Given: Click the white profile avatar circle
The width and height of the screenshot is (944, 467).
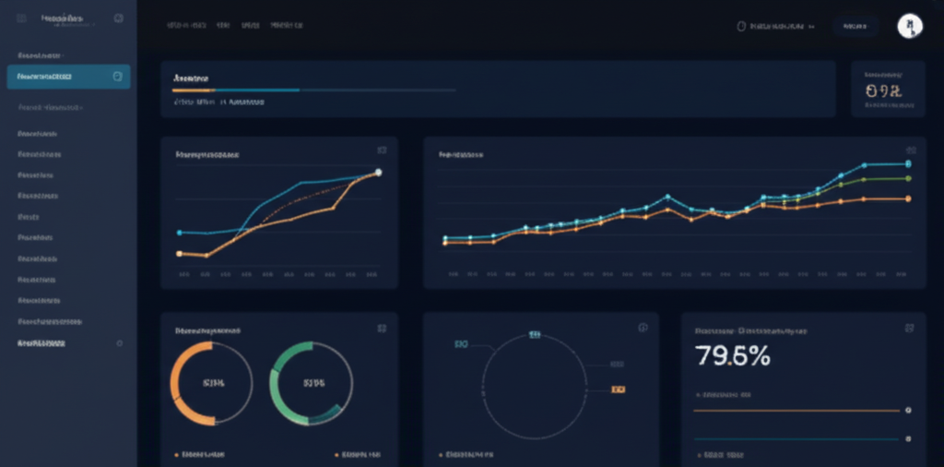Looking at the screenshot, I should (x=910, y=26).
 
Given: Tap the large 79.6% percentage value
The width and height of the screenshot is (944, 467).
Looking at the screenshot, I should (x=733, y=356).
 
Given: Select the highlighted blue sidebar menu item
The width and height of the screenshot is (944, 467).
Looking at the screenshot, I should (x=68, y=77).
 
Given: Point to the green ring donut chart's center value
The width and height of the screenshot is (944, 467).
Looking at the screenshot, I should (x=311, y=382).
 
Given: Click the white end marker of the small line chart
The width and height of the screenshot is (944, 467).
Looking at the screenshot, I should (x=378, y=173).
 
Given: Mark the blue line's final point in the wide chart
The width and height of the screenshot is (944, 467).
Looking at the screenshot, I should (x=908, y=164).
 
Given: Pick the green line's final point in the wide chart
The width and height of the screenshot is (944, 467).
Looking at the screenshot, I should (x=908, y=178).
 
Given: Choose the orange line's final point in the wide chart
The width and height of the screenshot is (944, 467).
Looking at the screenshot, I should (x=908, y=198).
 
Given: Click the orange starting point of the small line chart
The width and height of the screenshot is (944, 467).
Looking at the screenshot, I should (x=179, y=253).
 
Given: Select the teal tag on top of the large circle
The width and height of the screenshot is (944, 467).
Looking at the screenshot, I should (x=534, y=334).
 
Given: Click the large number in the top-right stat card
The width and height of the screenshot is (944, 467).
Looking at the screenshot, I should (x=883, y=91).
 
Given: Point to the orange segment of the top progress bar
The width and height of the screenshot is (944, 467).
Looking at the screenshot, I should (x=194, y=90).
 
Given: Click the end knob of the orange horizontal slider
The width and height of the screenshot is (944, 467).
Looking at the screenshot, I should (x=908, y=410).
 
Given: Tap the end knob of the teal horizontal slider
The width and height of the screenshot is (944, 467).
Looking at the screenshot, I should (x=908, y=438).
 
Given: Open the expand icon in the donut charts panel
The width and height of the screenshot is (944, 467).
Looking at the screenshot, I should (x=381, y=329).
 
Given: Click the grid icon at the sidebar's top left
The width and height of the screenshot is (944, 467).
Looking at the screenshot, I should (x=21, y=18).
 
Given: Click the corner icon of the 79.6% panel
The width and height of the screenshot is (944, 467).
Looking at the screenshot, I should (x=909, y=329).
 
